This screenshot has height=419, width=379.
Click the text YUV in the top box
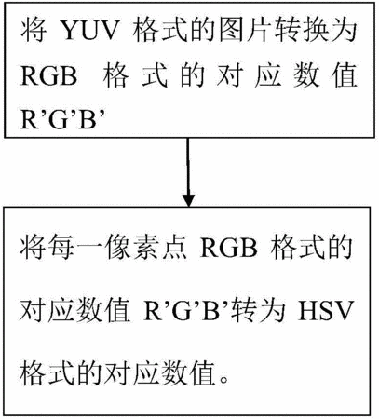(90, 32)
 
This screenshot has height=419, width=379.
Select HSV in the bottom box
(325, 311)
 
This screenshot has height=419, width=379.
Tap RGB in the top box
(48, 76)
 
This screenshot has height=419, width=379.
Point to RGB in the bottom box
(229, 249)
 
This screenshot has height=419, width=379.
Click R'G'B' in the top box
(63, 119)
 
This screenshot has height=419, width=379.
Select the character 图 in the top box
(232, 31)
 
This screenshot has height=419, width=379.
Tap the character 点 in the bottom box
(174, 249)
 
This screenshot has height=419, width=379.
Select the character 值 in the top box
(345, 76)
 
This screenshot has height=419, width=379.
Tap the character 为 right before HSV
(273, 311)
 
